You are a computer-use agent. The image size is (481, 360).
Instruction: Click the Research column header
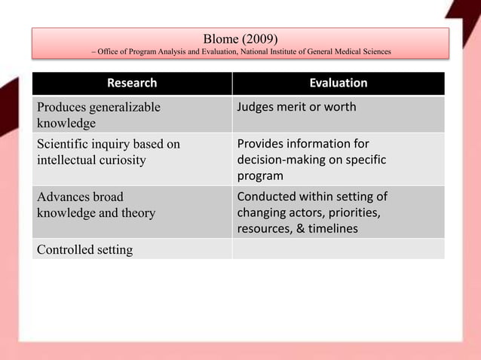[x=132, y=83]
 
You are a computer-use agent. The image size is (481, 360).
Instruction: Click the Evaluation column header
[x=339, y=83]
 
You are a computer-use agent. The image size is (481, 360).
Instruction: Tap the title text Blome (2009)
[x=240, y=38]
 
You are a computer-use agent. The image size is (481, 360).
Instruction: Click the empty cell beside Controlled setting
[x=338, y=249]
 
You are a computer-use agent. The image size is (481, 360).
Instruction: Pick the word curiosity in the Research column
[x=124, y=160]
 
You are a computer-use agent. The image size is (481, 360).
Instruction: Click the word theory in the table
[x=136, y=212]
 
